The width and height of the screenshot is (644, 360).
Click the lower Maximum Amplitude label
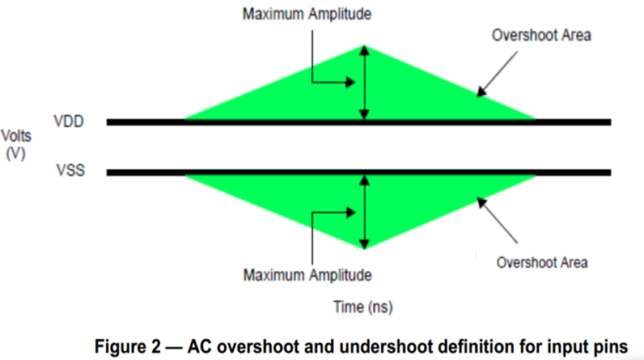[307, 275]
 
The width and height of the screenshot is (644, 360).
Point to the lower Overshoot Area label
[542, 262]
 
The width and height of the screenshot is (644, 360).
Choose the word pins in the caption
[608, 345]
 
